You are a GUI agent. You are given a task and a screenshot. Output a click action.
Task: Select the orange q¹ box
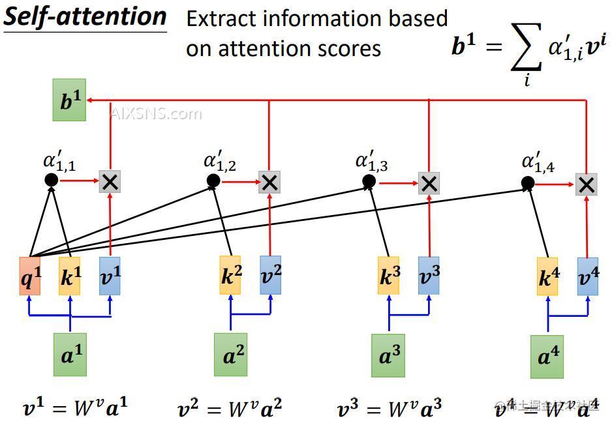coord(30,276)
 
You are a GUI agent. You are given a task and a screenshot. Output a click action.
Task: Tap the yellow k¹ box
coord(70,276)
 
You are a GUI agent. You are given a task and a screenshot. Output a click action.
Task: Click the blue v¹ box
coord(110,276)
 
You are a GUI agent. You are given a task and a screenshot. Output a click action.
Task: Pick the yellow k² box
coord(230,276)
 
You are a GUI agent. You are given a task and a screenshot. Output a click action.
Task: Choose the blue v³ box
coord(429,276)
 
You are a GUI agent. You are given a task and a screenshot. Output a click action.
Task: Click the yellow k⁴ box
coord(547,276)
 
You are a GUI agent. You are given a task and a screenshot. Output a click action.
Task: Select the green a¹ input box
coord(70,355)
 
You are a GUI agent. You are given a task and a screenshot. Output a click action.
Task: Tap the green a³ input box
coord(388,355)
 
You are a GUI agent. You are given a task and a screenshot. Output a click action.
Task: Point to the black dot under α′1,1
coord(51,180)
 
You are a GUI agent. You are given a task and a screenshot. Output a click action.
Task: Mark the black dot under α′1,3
coord(369,181)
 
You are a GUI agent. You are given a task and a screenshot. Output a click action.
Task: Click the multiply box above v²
coord(269,183)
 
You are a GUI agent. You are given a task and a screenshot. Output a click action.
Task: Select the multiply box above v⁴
coord(587,184)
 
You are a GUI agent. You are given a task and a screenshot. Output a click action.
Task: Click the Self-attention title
coord(85,16)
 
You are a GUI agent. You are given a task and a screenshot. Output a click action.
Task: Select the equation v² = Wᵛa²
coord(230,409)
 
